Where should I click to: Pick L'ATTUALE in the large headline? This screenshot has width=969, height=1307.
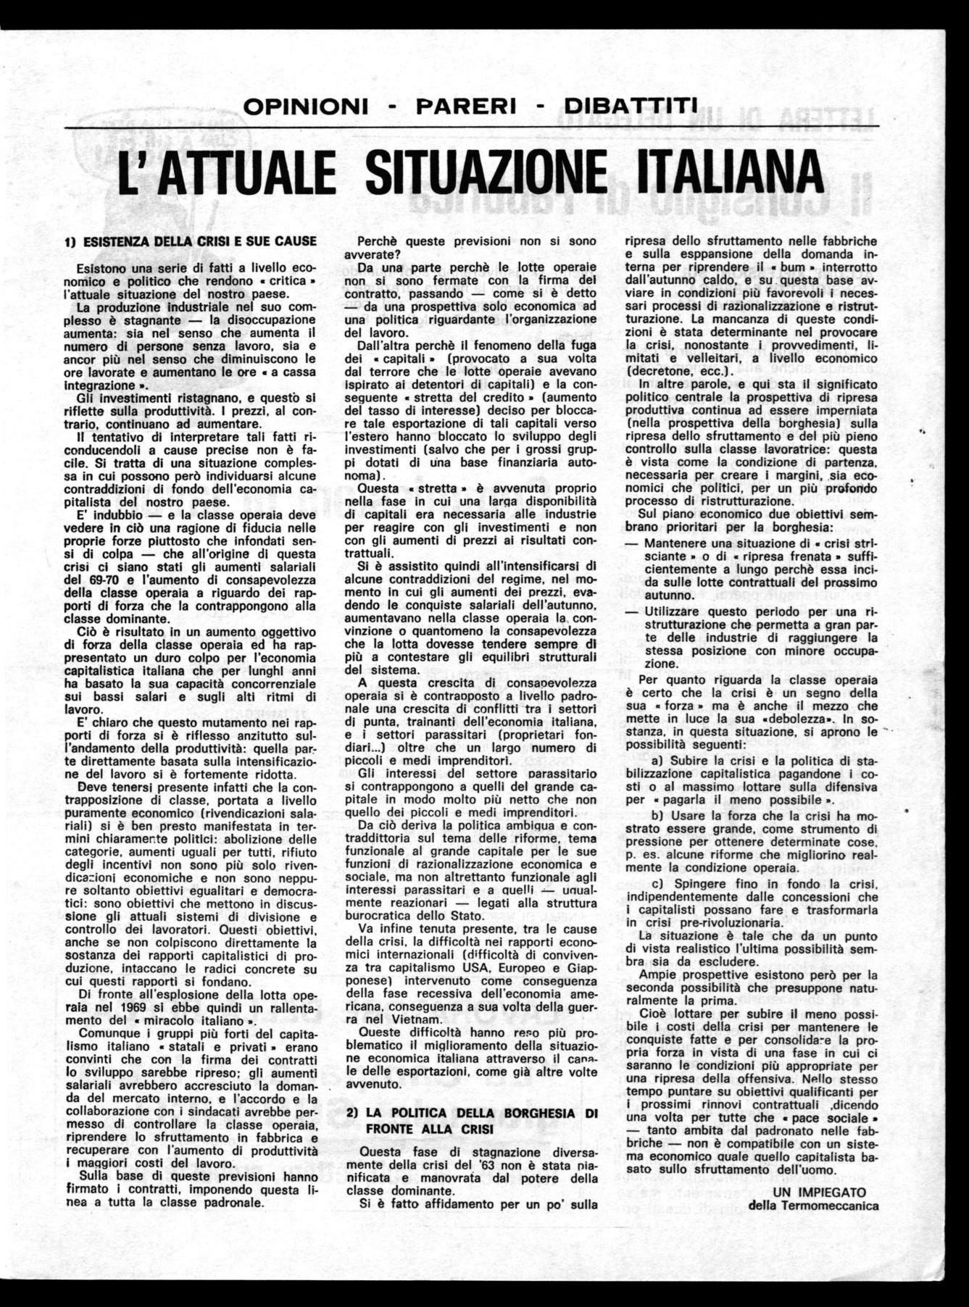point(229,172)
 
